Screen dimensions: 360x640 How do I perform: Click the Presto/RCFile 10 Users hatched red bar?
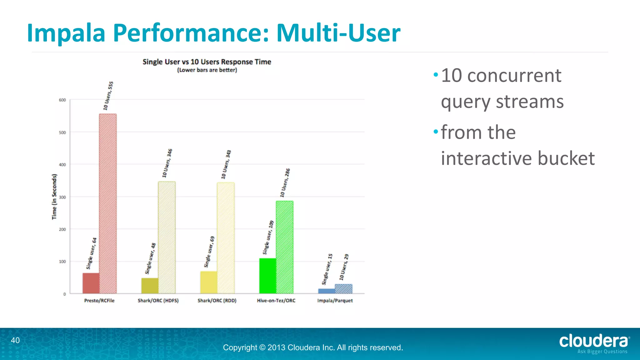pos(108,203)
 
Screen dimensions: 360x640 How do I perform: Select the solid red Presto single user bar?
pos(91,283)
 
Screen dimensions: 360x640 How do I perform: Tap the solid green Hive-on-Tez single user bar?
pos(268,276)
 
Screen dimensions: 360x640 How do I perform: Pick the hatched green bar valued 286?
pos(285,247)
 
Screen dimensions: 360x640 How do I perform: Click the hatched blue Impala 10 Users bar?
pos(343,289)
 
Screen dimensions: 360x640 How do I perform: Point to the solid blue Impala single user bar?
pos(327,291)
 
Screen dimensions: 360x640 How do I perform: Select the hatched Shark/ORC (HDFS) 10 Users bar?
pos(167,237)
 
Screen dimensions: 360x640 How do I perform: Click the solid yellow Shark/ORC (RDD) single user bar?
pos(209,282)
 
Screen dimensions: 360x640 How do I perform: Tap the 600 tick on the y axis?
pos(62,100)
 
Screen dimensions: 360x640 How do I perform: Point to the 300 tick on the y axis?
pos(62,197)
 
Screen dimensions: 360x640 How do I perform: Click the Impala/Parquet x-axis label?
pos(335,301)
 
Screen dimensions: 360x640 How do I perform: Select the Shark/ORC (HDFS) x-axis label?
pos(158,301)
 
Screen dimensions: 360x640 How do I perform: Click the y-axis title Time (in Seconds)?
pos(54,197)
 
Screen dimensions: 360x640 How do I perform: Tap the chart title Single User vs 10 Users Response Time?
pos(207,62)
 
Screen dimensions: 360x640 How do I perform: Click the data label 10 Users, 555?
pos(108,96)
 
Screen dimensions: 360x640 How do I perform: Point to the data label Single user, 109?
pos(268,237)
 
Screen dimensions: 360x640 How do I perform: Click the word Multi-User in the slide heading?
pos(338,33)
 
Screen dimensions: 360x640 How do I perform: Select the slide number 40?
pos(15,340)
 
